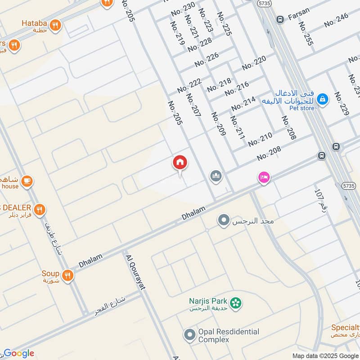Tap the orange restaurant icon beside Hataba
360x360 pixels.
coord(55,25)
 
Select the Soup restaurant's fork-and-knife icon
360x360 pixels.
coord(67,275)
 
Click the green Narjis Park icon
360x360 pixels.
coord(234,302)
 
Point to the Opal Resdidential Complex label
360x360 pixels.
coord(229,335)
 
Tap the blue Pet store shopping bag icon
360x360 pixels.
coord(322,99)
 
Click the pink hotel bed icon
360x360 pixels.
coord(264,178)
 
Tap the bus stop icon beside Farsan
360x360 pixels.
coord(280,19)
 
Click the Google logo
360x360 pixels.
coord(18,353)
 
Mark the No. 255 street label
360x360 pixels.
coord(306,34)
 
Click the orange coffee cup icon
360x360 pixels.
coord(27,181)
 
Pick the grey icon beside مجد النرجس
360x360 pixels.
coord(223,220)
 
